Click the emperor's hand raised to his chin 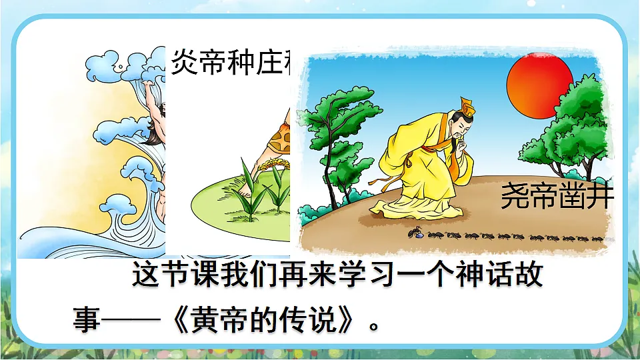[x=459, y=144]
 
